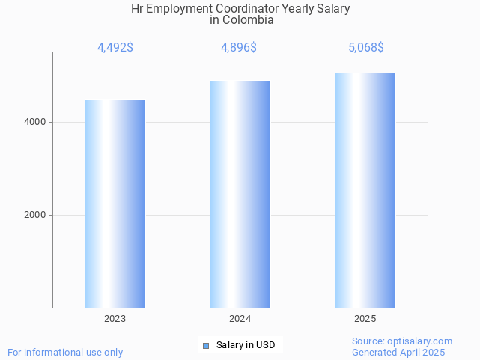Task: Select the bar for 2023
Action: coord(115,204)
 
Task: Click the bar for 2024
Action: coord(240,194)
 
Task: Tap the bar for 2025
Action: coord(365,190)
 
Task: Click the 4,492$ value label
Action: coord(115,48)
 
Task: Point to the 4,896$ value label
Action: coord(239,48)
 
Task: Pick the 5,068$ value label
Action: coord(365,48)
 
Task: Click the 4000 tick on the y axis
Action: coord(34,122)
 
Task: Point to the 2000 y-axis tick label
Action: coord(34,215)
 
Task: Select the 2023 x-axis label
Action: coord(115,319)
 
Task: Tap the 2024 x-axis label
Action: coord(240,319)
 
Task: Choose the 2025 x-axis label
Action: coord(365,319)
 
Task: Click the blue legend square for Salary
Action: coord(206,345)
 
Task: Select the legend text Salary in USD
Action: coord(246,345)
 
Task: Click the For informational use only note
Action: coord(65,352)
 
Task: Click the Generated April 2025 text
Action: coord(398,352)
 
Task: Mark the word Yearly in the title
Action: coord(295,8)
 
